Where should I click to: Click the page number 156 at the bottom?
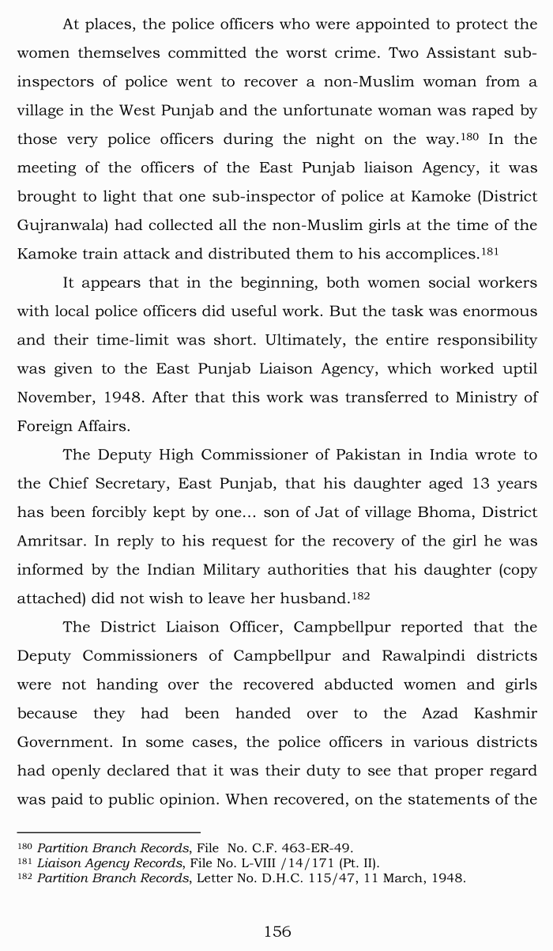tap(276, 932)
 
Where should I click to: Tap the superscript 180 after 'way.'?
tap(471, 136)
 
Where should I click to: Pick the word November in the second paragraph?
tap(55, 398)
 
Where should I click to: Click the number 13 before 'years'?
tap(473, 484)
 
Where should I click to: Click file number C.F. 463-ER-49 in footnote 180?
tap(299, 848)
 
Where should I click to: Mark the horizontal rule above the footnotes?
tap(108, 832)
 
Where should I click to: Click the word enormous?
tap(495, 311)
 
